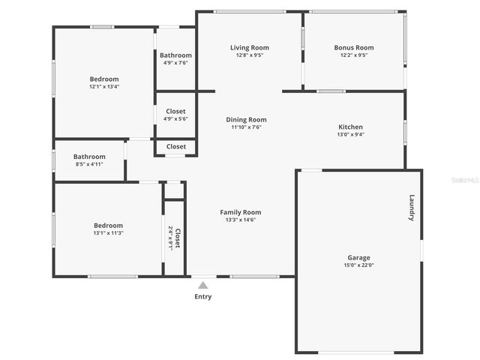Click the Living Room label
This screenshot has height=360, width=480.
[249, 48]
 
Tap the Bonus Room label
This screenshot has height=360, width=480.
[353, 48]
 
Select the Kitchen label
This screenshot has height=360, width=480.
[350, 127]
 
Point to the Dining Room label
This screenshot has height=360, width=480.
[246, 119]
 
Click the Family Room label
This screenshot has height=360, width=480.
[240, 212]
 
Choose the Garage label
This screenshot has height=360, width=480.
[358, 257]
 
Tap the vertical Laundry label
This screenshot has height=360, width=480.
[411, 208]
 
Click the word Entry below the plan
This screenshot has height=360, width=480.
[203, 296]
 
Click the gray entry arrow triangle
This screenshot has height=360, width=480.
[202, 285]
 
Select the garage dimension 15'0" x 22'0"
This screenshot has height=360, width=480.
[358, 265]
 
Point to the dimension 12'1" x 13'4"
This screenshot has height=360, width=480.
[104, 86]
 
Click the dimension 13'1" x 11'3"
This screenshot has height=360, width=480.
[108, 232]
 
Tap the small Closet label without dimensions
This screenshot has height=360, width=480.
[176, 146]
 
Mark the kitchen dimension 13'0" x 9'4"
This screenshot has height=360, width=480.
[350, 135]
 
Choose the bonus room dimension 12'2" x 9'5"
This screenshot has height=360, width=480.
[353, 55]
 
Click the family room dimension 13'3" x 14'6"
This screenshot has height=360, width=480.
[240, 220]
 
